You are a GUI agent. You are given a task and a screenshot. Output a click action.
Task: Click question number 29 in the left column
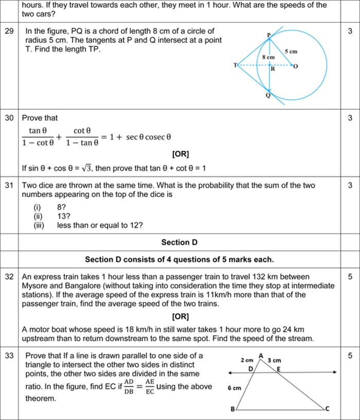click(9, 31)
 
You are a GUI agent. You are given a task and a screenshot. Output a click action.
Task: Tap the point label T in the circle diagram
click(235, 65)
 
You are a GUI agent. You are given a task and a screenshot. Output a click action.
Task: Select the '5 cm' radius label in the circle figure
click(291, 51)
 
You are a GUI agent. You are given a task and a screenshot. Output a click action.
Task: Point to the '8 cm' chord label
click(268, 58)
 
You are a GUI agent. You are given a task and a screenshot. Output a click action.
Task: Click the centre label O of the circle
click(296, 66)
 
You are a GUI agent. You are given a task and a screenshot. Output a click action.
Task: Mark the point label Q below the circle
click(268, 96)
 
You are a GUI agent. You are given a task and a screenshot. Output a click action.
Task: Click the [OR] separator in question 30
click(181, 154)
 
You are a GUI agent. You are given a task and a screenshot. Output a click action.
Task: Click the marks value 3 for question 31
click(350, 185)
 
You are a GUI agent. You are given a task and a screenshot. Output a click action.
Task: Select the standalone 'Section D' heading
click(179, 242)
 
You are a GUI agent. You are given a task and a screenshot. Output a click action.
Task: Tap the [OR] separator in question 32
click(181, 316)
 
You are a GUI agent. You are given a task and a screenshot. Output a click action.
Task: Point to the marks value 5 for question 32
click(350, 277)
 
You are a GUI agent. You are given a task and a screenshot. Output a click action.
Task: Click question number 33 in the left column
click(9, 355)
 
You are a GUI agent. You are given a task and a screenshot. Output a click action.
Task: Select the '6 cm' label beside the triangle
click(235, 388)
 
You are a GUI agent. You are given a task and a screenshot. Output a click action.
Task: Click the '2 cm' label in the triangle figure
click(247, 360)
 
